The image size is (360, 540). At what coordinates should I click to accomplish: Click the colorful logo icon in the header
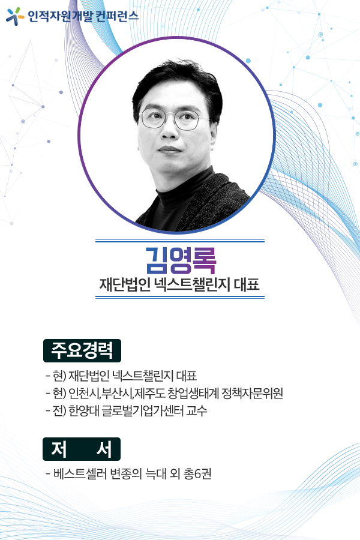pos(15,16)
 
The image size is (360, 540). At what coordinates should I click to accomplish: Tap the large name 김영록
pos(181,260)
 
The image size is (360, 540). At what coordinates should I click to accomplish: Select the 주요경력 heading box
pos(82,350)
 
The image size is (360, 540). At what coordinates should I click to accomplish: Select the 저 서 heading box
pos(82,449)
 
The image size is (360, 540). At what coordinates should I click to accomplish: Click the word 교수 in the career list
pos(197,410)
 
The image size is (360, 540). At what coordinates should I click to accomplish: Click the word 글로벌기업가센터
pos(143,410)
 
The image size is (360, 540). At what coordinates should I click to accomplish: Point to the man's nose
pos(168,131)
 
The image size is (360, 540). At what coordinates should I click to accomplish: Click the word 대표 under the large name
pos(247,285)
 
